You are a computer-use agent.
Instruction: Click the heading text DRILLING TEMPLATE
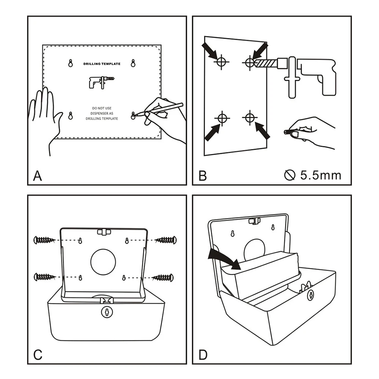point(102,64)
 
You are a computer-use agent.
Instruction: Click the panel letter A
point(38,176)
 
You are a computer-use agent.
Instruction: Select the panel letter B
point(202,176)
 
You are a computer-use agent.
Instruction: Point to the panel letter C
point(38,355)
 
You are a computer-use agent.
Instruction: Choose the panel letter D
point(203,355)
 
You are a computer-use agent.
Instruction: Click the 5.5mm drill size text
point(320,175)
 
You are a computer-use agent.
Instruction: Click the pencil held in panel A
point(163,109)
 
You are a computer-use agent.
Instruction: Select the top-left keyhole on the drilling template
point(70,64)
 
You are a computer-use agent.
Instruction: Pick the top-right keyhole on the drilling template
point(133,64)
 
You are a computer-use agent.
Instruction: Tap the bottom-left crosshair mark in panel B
point(222,119)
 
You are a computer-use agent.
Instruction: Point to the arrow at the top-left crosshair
point(210,50)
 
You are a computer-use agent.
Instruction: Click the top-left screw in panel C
point(44,240)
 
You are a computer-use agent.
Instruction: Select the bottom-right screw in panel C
point(164,277)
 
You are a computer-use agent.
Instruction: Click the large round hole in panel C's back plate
point(103,262)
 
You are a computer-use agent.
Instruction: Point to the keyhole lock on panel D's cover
point(311,294)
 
